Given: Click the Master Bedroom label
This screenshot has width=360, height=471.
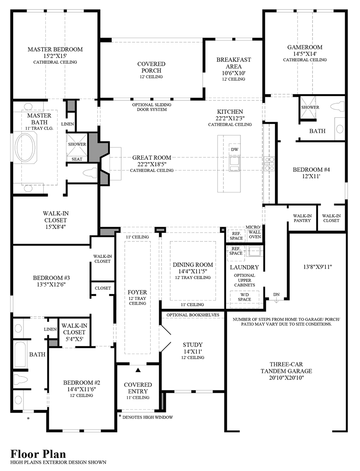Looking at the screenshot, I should click(x=55, y=49).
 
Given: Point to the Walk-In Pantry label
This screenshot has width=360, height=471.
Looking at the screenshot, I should click(x=302, y=218).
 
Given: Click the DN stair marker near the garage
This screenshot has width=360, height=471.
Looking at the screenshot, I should click(x=276, y=294).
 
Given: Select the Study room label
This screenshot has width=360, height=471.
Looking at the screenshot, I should click(x=192, y=345).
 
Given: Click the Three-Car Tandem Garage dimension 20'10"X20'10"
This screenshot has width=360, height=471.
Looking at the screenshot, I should click(x=286, y=378).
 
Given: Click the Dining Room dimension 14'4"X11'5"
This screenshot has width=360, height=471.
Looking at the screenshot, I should click(x=193, y=271).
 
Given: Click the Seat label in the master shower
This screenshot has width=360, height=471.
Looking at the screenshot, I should click(x=77, y=159).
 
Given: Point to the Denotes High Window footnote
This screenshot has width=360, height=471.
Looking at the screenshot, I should click(x=147, y=417).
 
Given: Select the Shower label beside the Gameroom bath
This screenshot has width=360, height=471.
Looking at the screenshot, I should click(x=310, y=107).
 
